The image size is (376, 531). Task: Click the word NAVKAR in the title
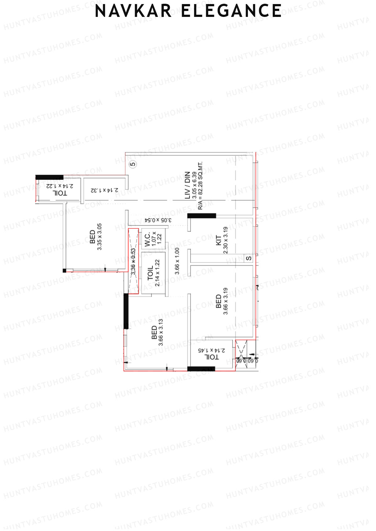133,11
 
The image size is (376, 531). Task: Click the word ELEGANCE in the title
231,11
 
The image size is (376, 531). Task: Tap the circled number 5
133,164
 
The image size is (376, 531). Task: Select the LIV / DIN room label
187,185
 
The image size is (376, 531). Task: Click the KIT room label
219,240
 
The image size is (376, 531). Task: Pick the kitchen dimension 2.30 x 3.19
226,240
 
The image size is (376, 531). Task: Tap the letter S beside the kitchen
248,258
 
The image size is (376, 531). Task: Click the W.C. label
147,239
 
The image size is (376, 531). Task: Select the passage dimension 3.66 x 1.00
177,261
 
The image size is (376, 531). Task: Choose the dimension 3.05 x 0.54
158,220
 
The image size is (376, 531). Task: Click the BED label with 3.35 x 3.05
92,237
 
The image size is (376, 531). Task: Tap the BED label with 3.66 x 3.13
154,332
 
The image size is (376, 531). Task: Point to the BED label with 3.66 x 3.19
218,301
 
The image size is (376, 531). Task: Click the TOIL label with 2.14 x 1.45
211,357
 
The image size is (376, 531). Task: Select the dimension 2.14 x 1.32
105,190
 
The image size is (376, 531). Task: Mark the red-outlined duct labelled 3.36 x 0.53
133,261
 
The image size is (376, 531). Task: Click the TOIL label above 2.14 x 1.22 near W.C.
150,273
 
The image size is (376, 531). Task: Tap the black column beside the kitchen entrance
202,216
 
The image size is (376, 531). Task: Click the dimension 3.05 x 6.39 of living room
194,185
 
